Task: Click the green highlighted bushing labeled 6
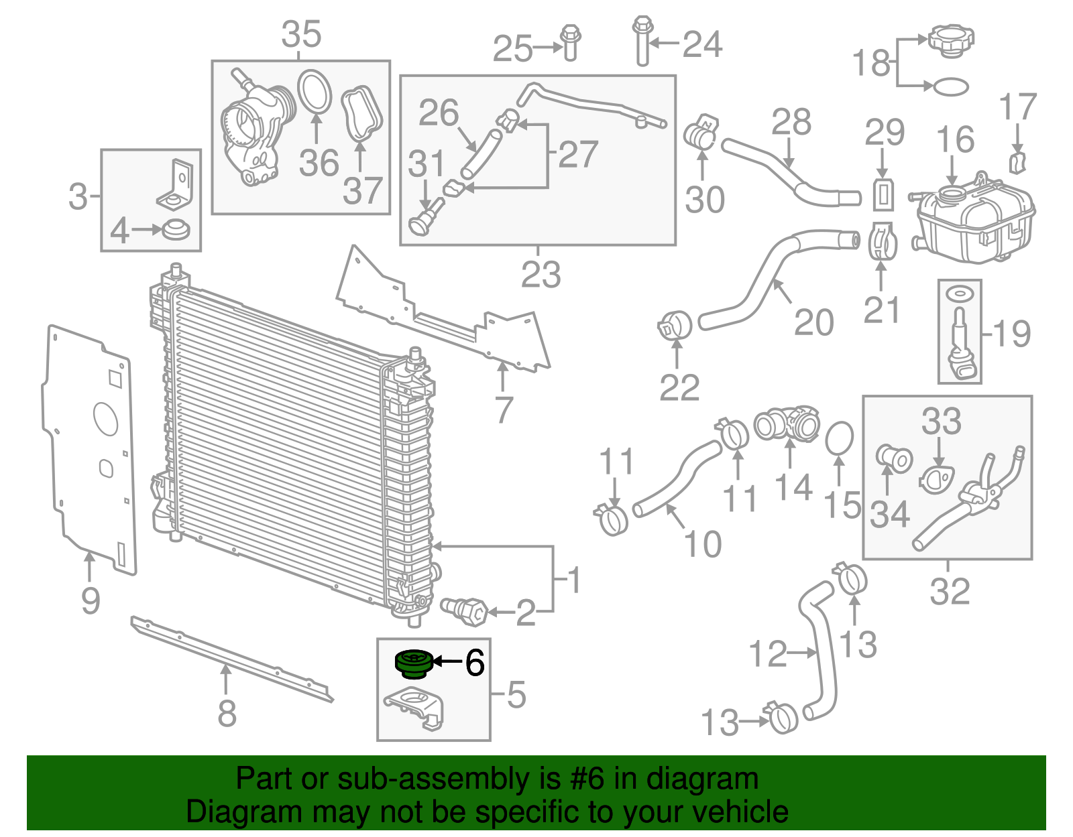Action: [x=414, y=663]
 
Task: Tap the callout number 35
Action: [x=301, y=34]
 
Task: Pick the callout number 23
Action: [x=541, y=275]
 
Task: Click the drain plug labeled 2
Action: [x=463, y=612]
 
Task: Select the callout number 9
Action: [x=91, y=600]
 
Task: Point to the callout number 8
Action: [x=227, y=713]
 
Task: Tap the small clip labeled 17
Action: [x=1018, y=164]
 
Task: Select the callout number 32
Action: [x=950, y=591]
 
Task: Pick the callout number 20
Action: [x=813, y=322]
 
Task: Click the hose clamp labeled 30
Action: [x=701, y=131]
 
